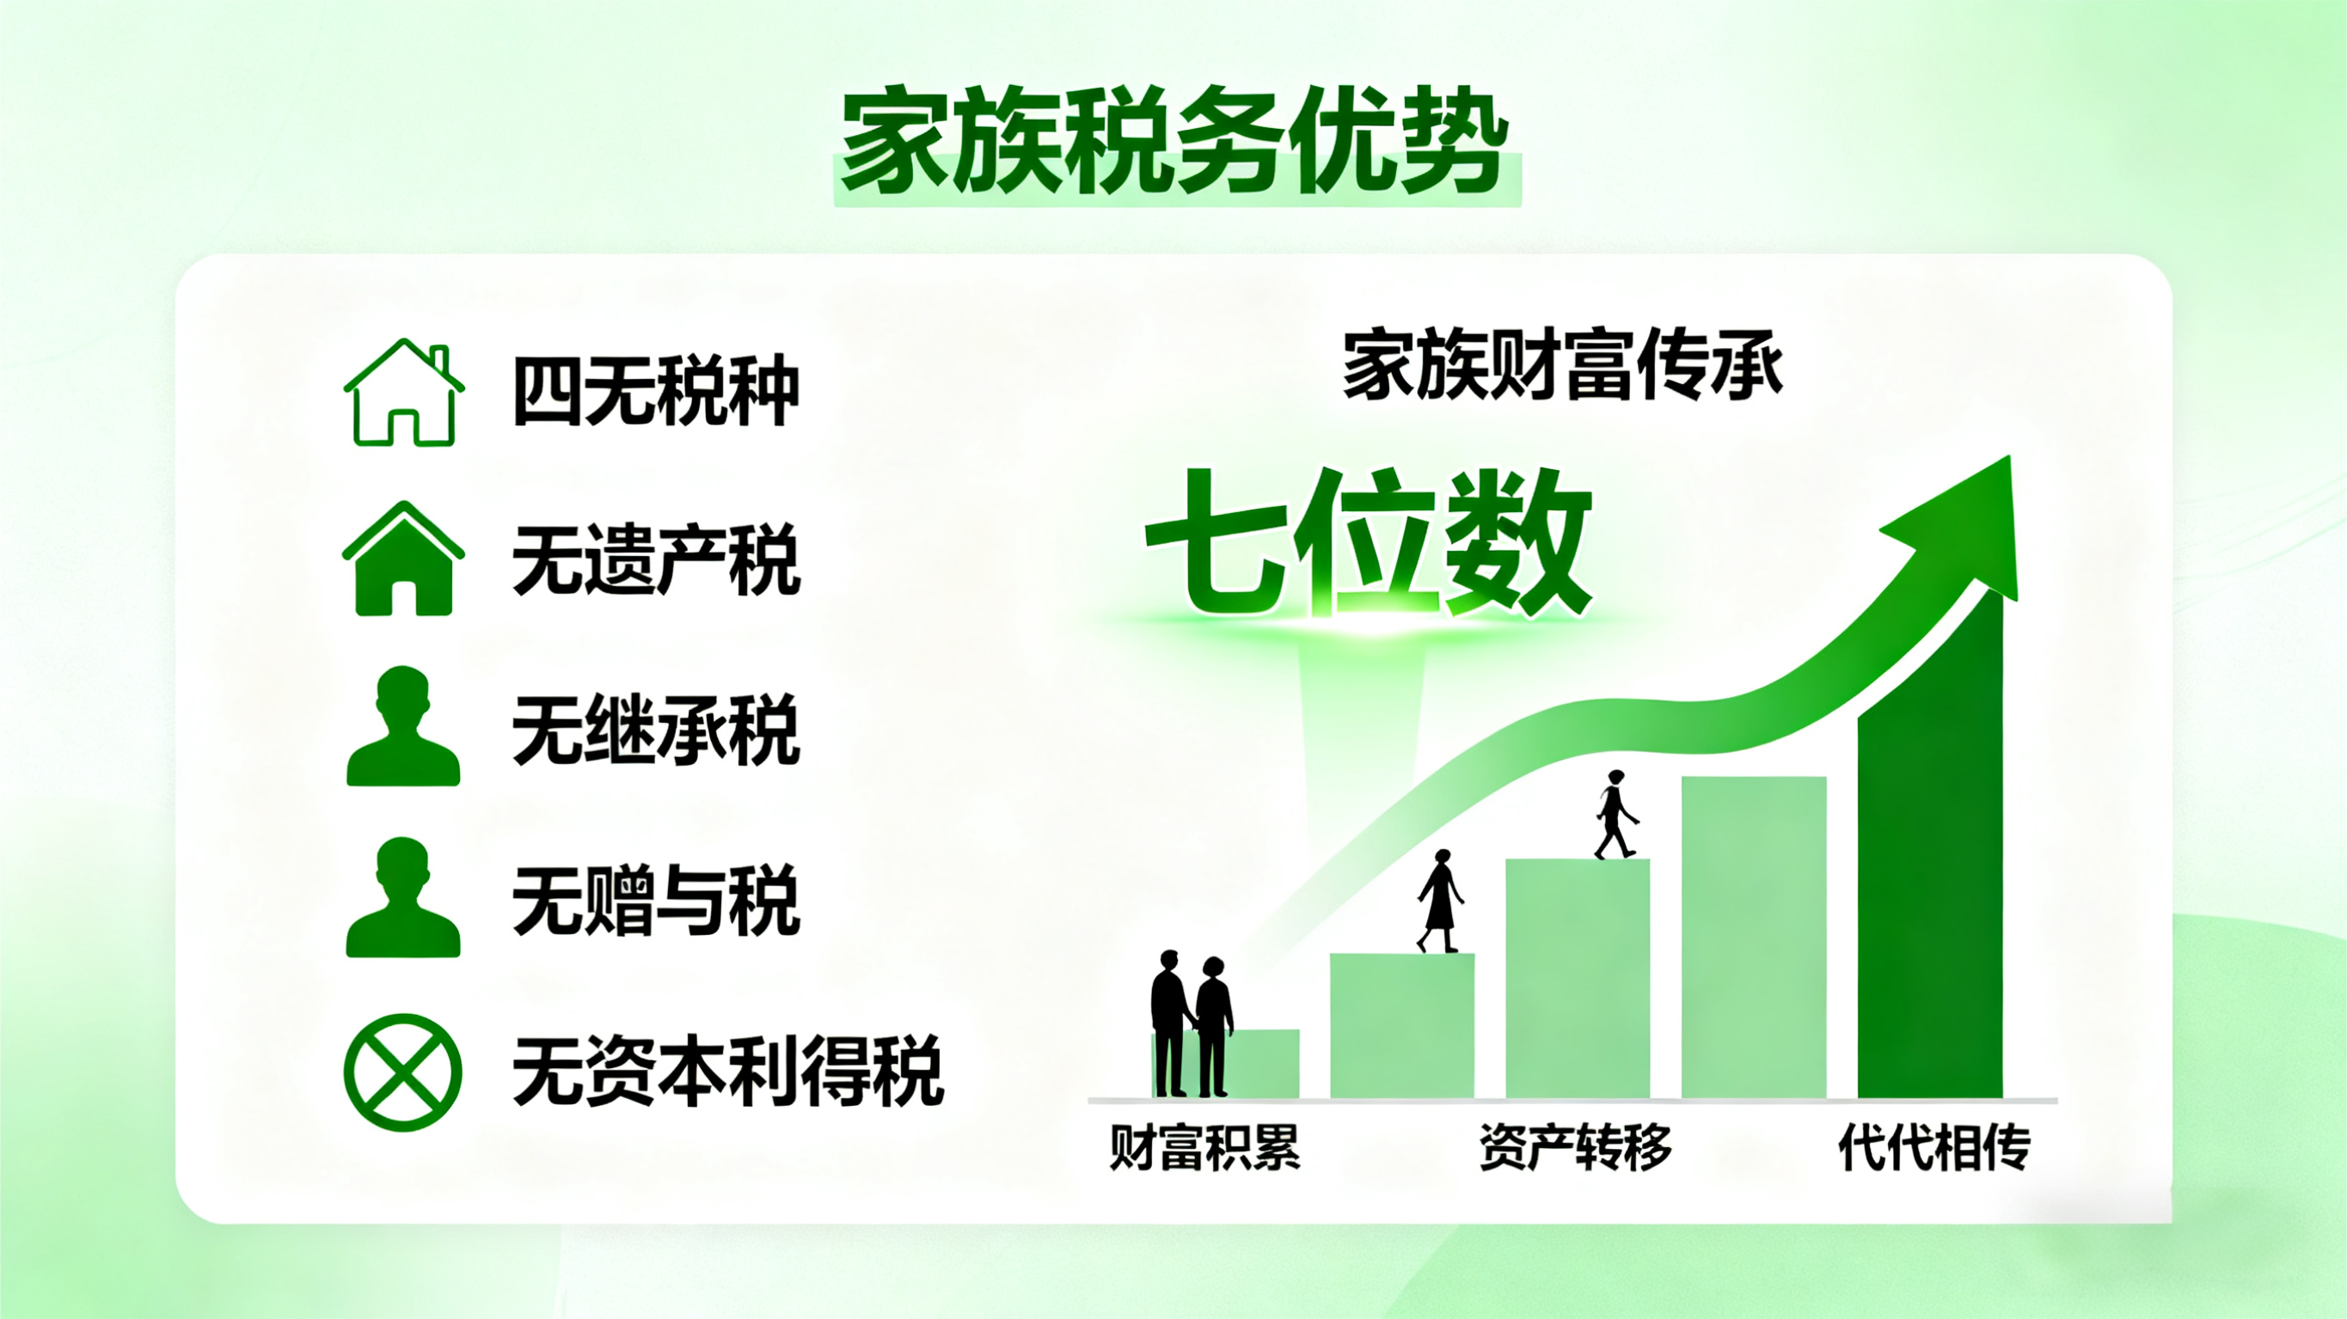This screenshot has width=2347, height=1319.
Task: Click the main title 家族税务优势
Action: (1175, 141)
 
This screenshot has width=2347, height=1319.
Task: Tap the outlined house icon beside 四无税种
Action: (403, 394)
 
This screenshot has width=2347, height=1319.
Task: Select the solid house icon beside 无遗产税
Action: (403, 559)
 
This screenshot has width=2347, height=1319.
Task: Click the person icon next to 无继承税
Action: (402, 727)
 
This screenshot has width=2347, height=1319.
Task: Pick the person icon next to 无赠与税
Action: (402, 898)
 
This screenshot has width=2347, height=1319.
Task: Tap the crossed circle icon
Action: (402, 1072)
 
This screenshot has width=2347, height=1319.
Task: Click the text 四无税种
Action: (656, 392)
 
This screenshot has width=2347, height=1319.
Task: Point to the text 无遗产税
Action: (656, 560)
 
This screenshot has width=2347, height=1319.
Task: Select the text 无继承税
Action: (656, 730)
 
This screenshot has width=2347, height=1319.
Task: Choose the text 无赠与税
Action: (656, 901)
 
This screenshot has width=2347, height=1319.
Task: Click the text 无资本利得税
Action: (728, 1072)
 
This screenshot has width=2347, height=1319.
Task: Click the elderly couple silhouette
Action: (1191, 1025)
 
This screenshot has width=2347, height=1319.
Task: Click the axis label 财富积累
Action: (1204, 1147)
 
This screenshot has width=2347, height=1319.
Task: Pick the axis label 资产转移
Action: (1575, 1147)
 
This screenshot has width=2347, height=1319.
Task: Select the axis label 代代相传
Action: (1934, 1147)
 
